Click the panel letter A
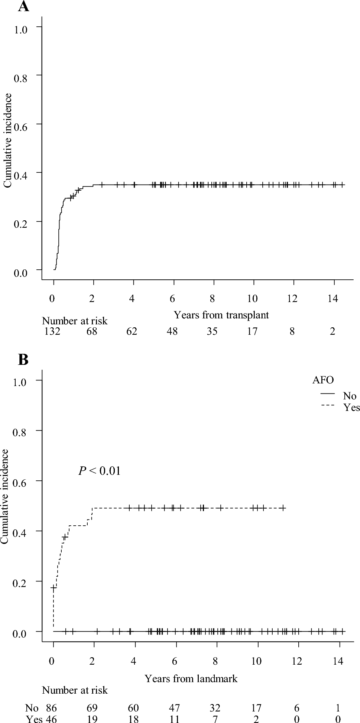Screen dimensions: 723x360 point(23,6)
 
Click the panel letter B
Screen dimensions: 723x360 point(23,360)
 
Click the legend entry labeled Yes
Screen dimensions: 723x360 point(351,408)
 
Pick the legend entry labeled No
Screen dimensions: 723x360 point(350,396)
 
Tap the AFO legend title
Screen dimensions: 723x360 point(322,380)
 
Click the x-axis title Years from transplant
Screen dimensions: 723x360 point(221,315)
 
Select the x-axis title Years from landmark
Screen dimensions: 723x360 point(191,678)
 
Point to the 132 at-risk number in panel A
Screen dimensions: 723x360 point(51,331)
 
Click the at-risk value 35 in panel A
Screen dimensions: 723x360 point(212,331)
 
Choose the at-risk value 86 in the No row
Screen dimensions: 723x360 point(51,707)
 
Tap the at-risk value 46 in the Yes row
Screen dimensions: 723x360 point(51,719)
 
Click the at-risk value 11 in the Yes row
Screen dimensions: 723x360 point(174,719)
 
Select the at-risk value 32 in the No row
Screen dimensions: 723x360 point(215,707)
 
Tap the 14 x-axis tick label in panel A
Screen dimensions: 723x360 point(333,299)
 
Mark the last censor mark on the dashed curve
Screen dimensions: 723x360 point(283,508)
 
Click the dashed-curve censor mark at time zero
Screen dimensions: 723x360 point(54,588)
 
